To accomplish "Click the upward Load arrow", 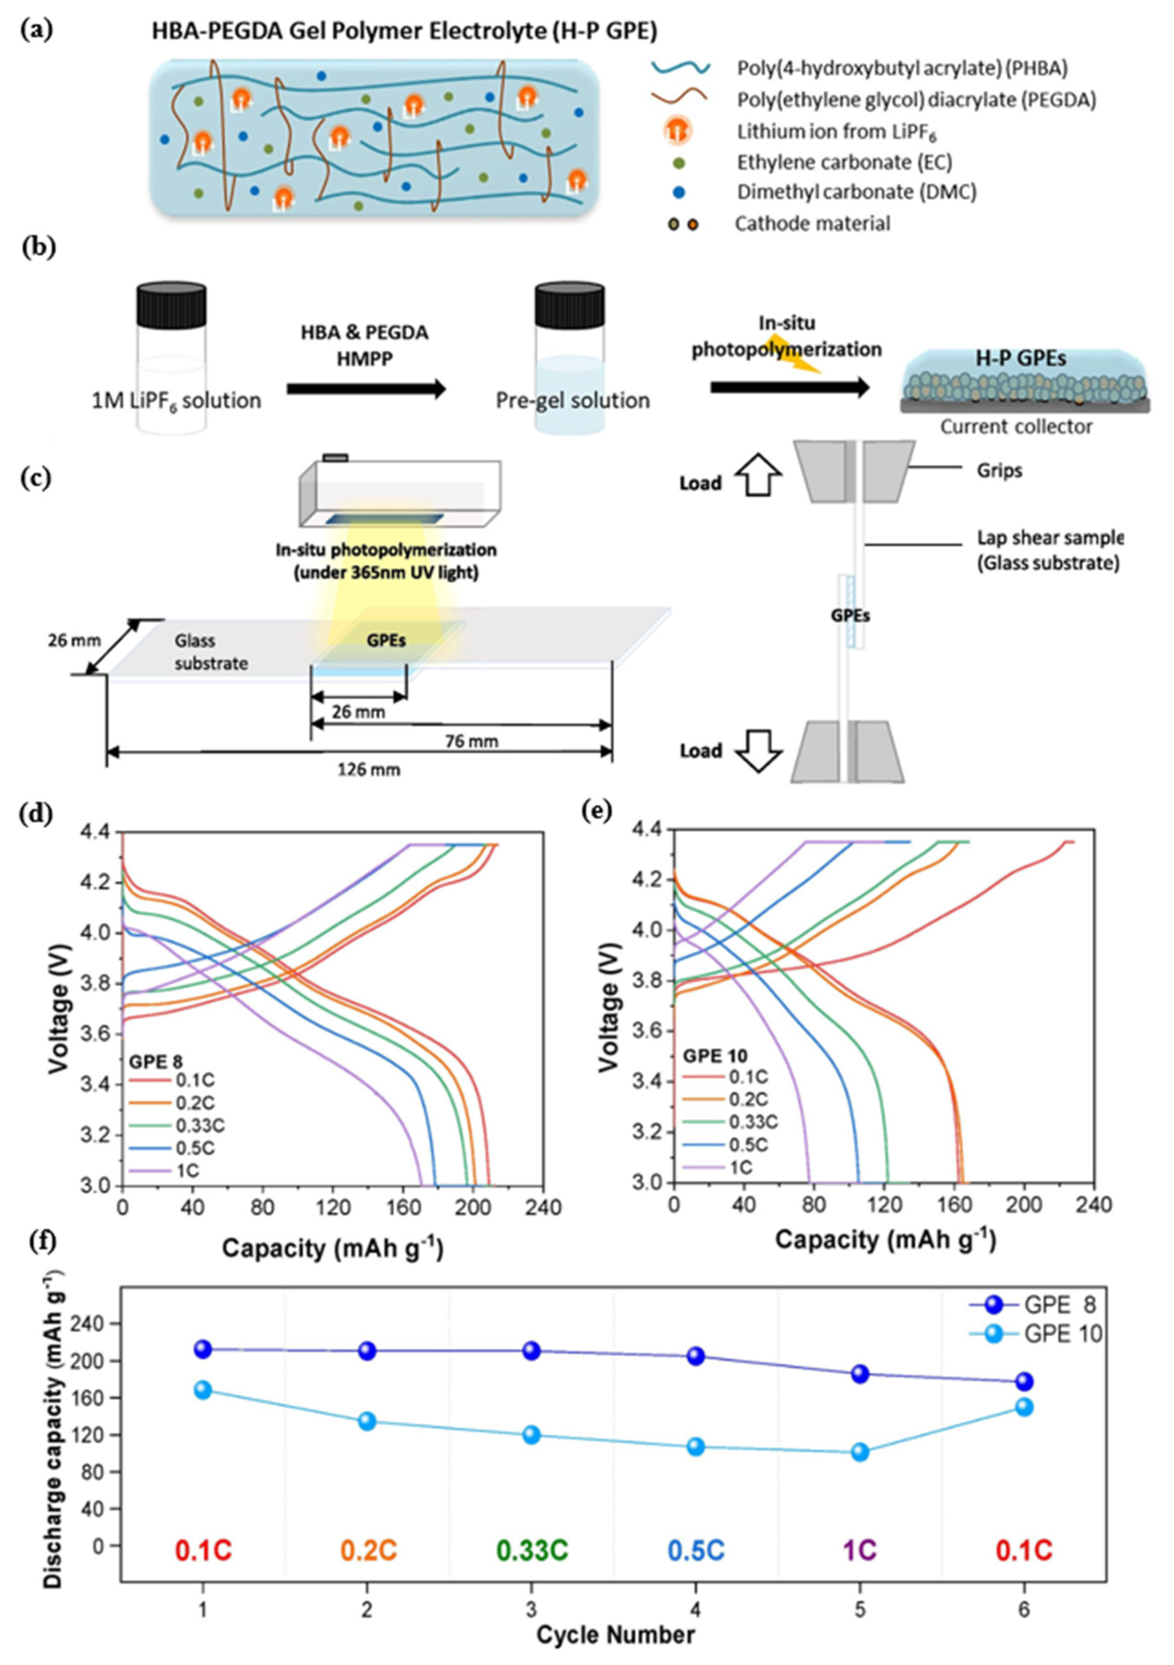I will tap(759, 480).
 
